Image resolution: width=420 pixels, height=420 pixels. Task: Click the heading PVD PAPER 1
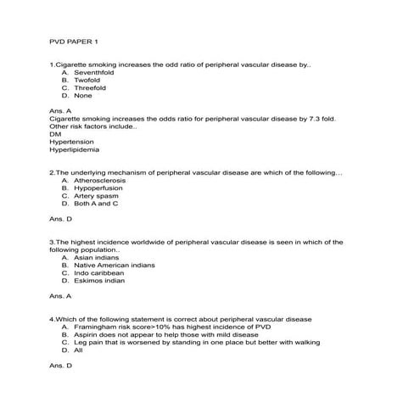coord(75,41)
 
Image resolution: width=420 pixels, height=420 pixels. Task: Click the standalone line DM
coord(55,134)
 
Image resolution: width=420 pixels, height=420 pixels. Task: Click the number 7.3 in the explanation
coord(302,119)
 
